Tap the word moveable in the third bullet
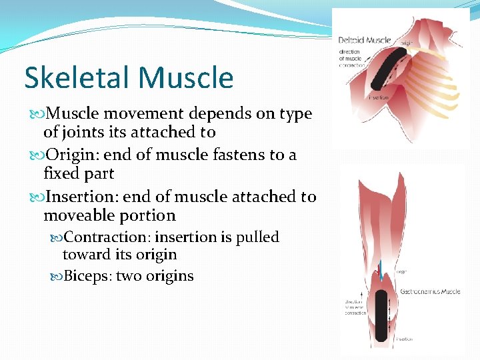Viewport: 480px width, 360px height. pyautogui.click(x=74, y=216)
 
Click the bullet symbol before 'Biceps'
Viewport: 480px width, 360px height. pyautogui.click(x=57, y=276)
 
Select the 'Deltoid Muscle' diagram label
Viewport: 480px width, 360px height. pyautogui.click(x=363, y=41)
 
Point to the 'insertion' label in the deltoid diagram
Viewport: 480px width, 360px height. pyautogui.click(x=378, y=97)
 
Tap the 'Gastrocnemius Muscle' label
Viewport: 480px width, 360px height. pyautogui.click(x=431, y=292)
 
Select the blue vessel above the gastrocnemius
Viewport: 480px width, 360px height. pyautogui.click(x=379, y=267)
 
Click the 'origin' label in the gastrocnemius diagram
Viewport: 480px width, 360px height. pyautogui.click(x=401, y=271)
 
